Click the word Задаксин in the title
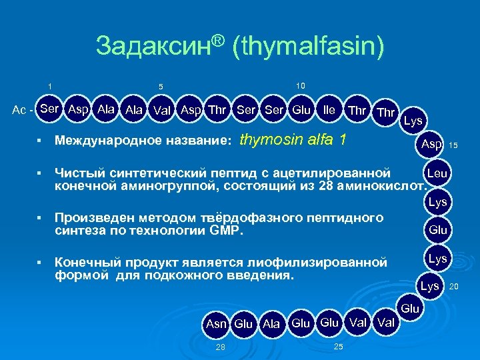click(x=155, y=46)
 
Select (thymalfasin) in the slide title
click(x=309, y=46)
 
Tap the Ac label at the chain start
click(x=21, y=110)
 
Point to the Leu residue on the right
click(x=437, y=173)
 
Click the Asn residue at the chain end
click(x=216, y=324)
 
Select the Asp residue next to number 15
click(x=432, y=145)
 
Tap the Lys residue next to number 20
click(x=429, y=286)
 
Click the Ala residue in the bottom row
click(x=271, y=324)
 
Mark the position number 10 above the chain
click(x=301, y=85)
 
